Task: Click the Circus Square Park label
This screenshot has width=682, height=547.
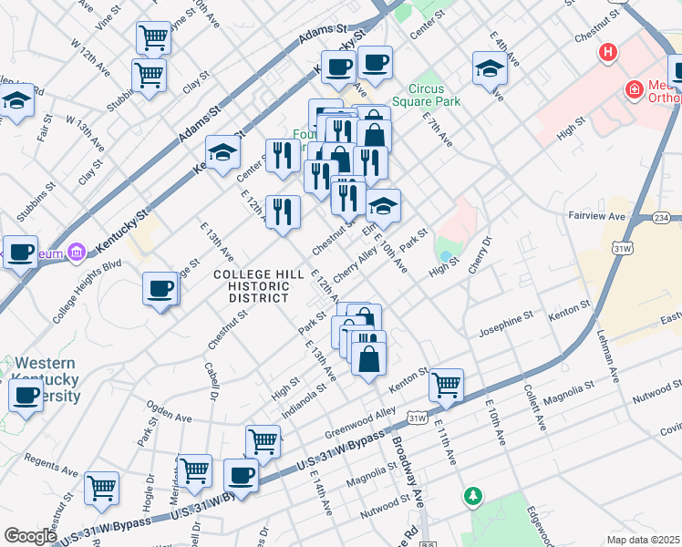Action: pyautogui.click(x=427, y=95)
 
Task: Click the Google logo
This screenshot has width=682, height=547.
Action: pyautogui.click(x=30, y=535)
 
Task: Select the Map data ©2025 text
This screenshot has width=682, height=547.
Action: pyautogui.click(x=643, y=539)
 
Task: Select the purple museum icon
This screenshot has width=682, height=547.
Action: pyautogui.click(x=76, y=251)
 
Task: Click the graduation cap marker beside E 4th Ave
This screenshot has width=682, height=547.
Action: pyautogui.click(x=490, y=67)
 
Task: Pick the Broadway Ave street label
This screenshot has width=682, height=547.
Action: pyautogui.click(x=408, y=475)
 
